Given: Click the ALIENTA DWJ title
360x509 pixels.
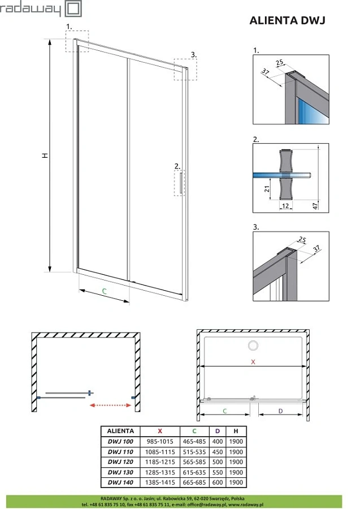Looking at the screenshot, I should (287, 21).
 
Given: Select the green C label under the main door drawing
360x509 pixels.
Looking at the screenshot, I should (104, 291).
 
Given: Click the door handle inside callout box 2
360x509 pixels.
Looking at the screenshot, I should (181, 184).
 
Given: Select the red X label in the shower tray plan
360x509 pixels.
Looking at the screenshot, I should (254, 361).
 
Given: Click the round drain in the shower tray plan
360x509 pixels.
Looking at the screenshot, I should (253, 344).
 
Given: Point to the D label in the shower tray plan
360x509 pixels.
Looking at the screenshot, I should (281, 411).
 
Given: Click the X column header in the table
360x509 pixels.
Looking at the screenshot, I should (161, 430).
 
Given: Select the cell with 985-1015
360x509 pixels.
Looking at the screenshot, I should (161, 441).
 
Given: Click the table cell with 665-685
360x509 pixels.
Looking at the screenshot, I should (194, 482).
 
